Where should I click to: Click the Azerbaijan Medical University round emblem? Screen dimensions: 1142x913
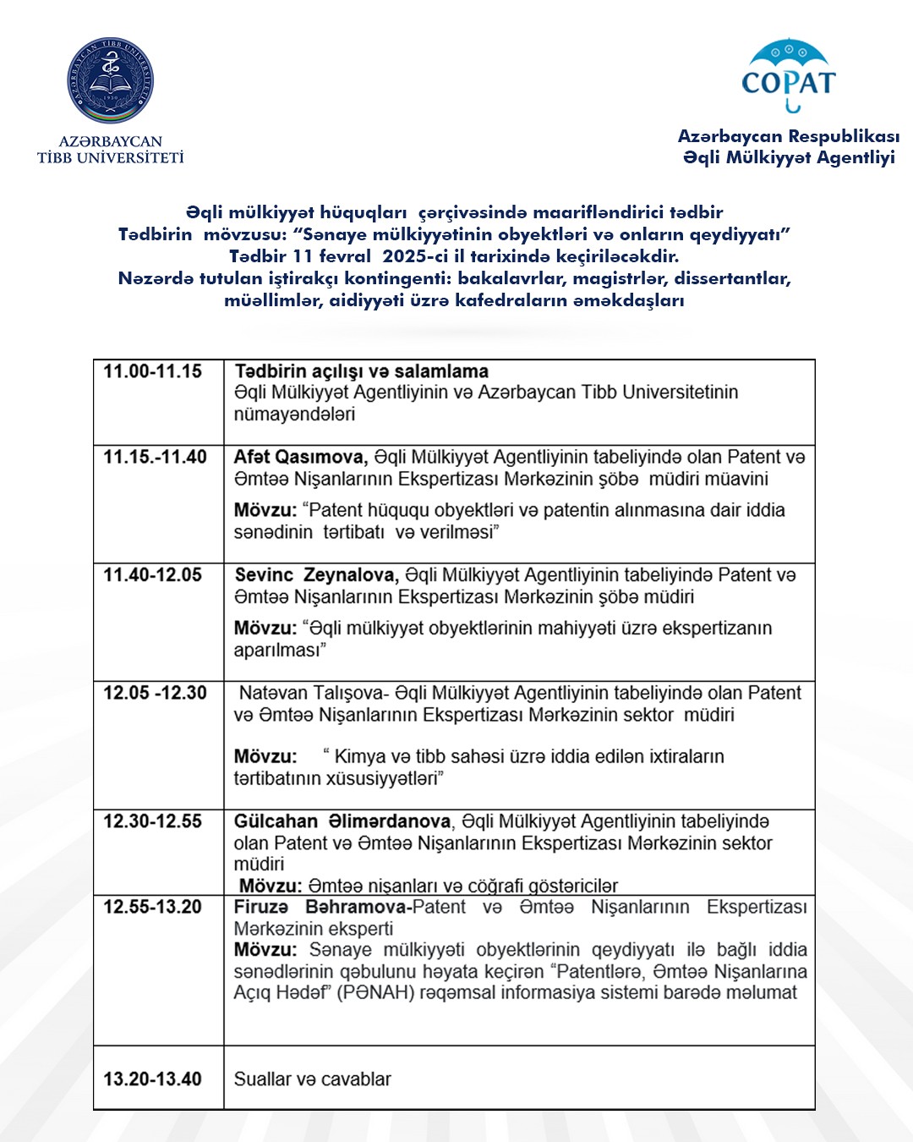click(x=110, y=80)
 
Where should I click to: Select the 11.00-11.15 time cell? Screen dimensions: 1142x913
click(x=153, y=371)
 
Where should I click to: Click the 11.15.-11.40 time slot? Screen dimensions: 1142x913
click(x=156, y=457)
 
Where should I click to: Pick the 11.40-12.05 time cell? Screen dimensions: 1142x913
click(x=153, y=575)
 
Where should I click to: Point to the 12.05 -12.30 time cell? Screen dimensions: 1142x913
click(x=156, y=693)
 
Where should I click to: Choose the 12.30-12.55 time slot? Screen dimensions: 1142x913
click(x=153, y=821)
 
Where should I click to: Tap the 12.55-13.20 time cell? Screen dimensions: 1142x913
click(x=153, y=907)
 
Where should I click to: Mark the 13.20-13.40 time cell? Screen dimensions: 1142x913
click(x=153, y=1079)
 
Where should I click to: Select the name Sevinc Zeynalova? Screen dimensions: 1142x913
click(x=315, y=575)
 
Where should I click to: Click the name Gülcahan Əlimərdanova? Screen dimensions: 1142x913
click(x=342, y=821)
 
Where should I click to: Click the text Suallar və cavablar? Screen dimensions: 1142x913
click(x=313, y=1079)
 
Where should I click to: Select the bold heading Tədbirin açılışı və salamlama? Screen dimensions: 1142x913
click(x=362, y=371)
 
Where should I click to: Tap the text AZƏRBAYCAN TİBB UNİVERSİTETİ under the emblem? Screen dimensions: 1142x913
click(x=110, y=149)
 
